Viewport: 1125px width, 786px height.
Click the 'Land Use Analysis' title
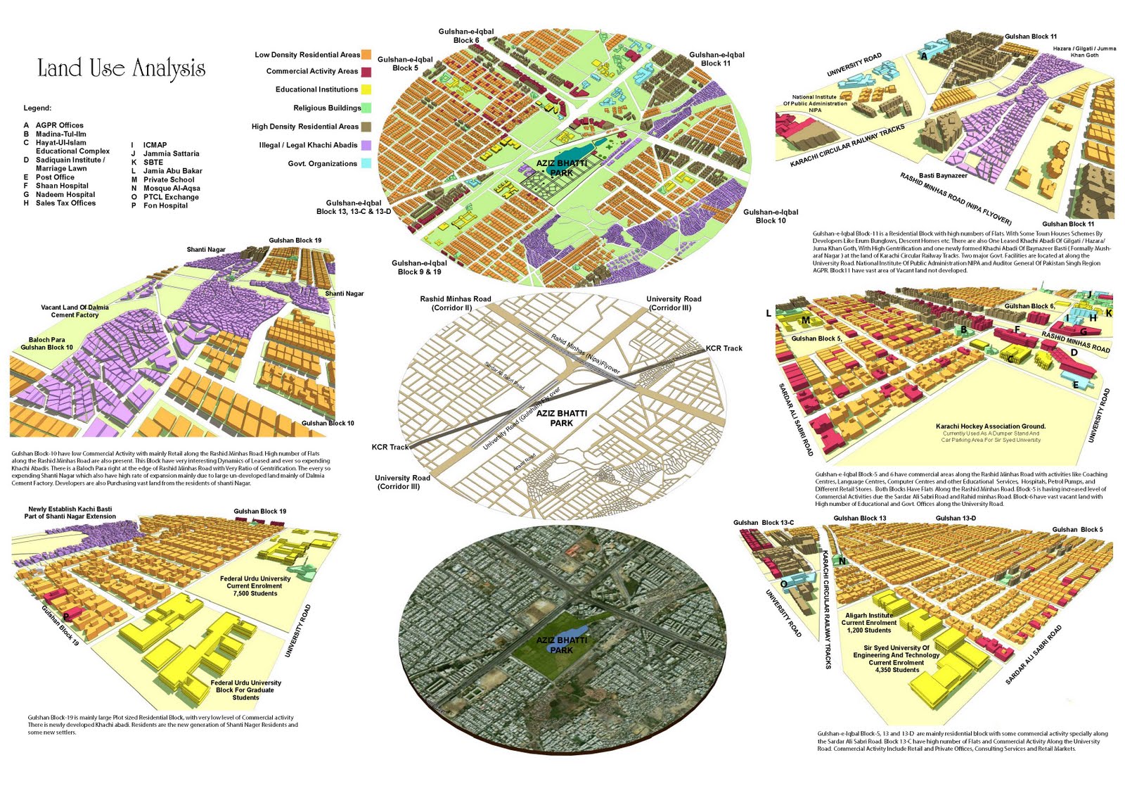tap(121, 68)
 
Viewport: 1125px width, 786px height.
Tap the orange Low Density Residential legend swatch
tap(366, 54)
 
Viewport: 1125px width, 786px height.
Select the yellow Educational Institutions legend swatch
tap(366, 89)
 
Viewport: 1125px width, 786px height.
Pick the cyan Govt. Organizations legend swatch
tap(366, 163)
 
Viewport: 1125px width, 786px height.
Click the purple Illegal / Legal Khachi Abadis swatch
tap(366, 145)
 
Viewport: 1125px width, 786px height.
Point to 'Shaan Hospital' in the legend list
tap(62, 186)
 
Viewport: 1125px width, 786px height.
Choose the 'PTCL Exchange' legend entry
tap(171, 197)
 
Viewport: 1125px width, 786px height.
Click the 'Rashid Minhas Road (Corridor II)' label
tap(456, 303)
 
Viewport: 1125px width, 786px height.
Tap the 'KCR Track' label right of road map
tap(724, 348)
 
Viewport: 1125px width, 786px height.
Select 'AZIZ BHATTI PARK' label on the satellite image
tap(561, 645)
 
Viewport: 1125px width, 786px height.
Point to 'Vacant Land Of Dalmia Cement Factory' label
tap(75, 311)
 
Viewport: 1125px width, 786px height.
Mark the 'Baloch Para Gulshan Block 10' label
tap(46, 343)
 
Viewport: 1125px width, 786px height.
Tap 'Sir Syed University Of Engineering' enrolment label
tap(896, 659)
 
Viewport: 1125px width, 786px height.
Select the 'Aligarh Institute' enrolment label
tap(869, 623)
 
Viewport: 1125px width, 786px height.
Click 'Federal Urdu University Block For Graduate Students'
tap(245, 690)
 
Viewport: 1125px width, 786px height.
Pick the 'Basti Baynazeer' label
tap(943, 175)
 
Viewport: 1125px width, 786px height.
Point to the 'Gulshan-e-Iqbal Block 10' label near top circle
tap(771, 216)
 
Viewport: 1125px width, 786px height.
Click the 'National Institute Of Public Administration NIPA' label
tap(815, 103)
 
